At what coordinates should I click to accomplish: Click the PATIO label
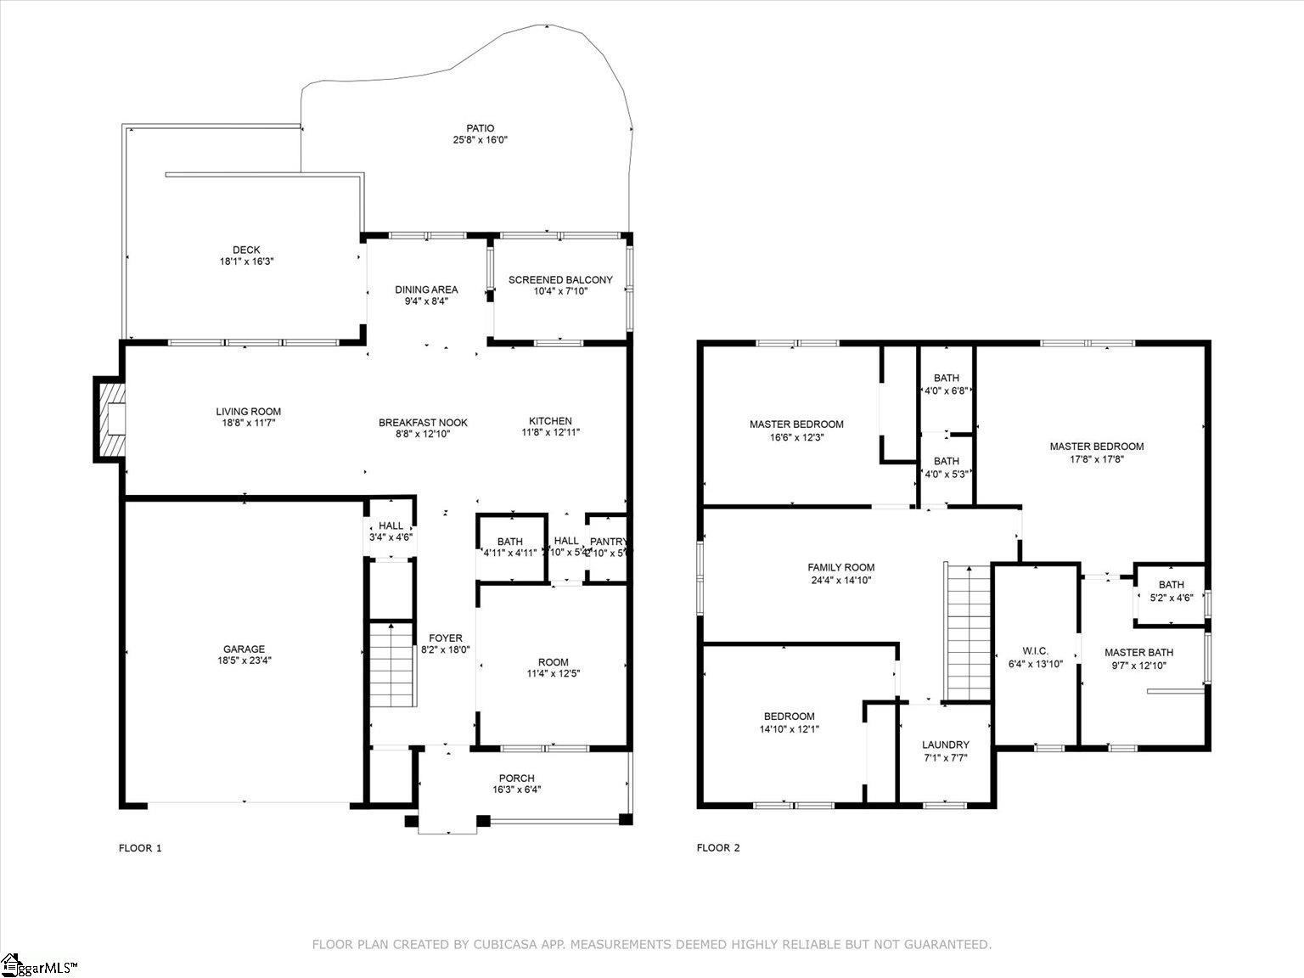click(480, 129)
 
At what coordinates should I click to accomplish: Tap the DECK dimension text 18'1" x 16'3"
click(246, 262)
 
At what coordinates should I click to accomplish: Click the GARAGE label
click(244, 649)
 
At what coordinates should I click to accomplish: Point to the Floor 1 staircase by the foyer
click(391, 664)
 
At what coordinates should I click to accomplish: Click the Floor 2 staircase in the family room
click(968, 632)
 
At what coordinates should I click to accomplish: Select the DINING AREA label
click(426, 289)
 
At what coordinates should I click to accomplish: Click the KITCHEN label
click(550, 421)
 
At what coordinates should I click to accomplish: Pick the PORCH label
click(516, 778)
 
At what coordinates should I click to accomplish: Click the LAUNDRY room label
click(945, 745)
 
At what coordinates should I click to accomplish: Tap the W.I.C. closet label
click(1035, 651)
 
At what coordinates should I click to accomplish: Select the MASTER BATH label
click(1138, 652)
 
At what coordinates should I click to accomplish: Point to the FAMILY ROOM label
click(840, 568)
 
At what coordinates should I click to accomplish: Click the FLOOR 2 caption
click(718, 848)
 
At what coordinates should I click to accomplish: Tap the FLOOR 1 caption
click(139, 848)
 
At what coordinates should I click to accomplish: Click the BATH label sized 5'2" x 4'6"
click(1171, 584)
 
